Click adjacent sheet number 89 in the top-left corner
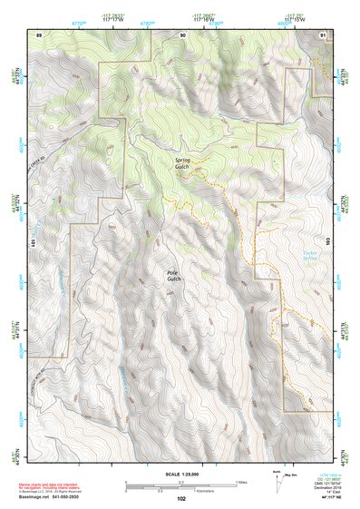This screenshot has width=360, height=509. coord(39,34)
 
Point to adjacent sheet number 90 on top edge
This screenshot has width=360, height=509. coord(182,34)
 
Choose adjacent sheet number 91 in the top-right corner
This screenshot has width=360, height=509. coord(324,34)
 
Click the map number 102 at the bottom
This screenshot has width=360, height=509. coord(182,498)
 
